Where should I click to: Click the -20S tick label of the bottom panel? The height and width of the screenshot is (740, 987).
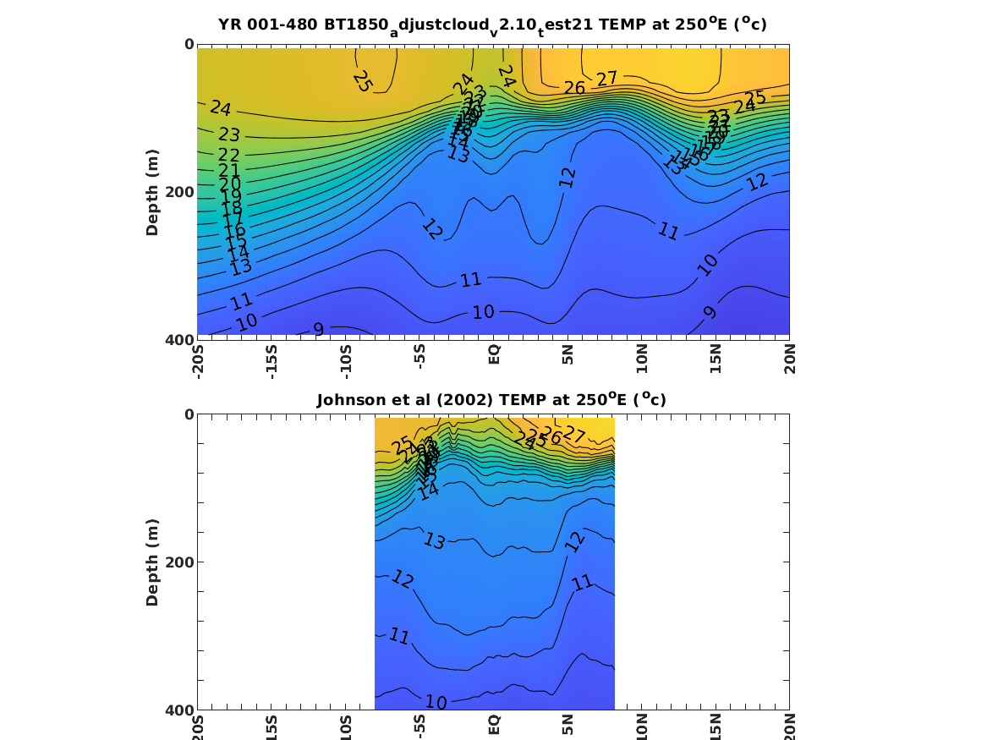198,725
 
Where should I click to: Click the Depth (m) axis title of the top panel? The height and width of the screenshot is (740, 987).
152,191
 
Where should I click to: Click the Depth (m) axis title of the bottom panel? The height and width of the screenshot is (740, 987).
152,562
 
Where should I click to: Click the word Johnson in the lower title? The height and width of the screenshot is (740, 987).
350,400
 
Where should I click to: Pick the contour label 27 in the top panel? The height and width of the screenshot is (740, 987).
606,79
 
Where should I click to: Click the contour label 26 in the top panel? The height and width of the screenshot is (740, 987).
574,88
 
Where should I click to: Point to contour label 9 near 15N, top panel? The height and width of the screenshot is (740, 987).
710,312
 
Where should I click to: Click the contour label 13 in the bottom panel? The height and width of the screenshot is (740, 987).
434,541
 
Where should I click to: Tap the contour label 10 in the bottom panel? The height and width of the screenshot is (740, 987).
436,702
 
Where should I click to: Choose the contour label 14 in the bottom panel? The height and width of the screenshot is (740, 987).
429,491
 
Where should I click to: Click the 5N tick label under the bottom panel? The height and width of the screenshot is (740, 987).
568,726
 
